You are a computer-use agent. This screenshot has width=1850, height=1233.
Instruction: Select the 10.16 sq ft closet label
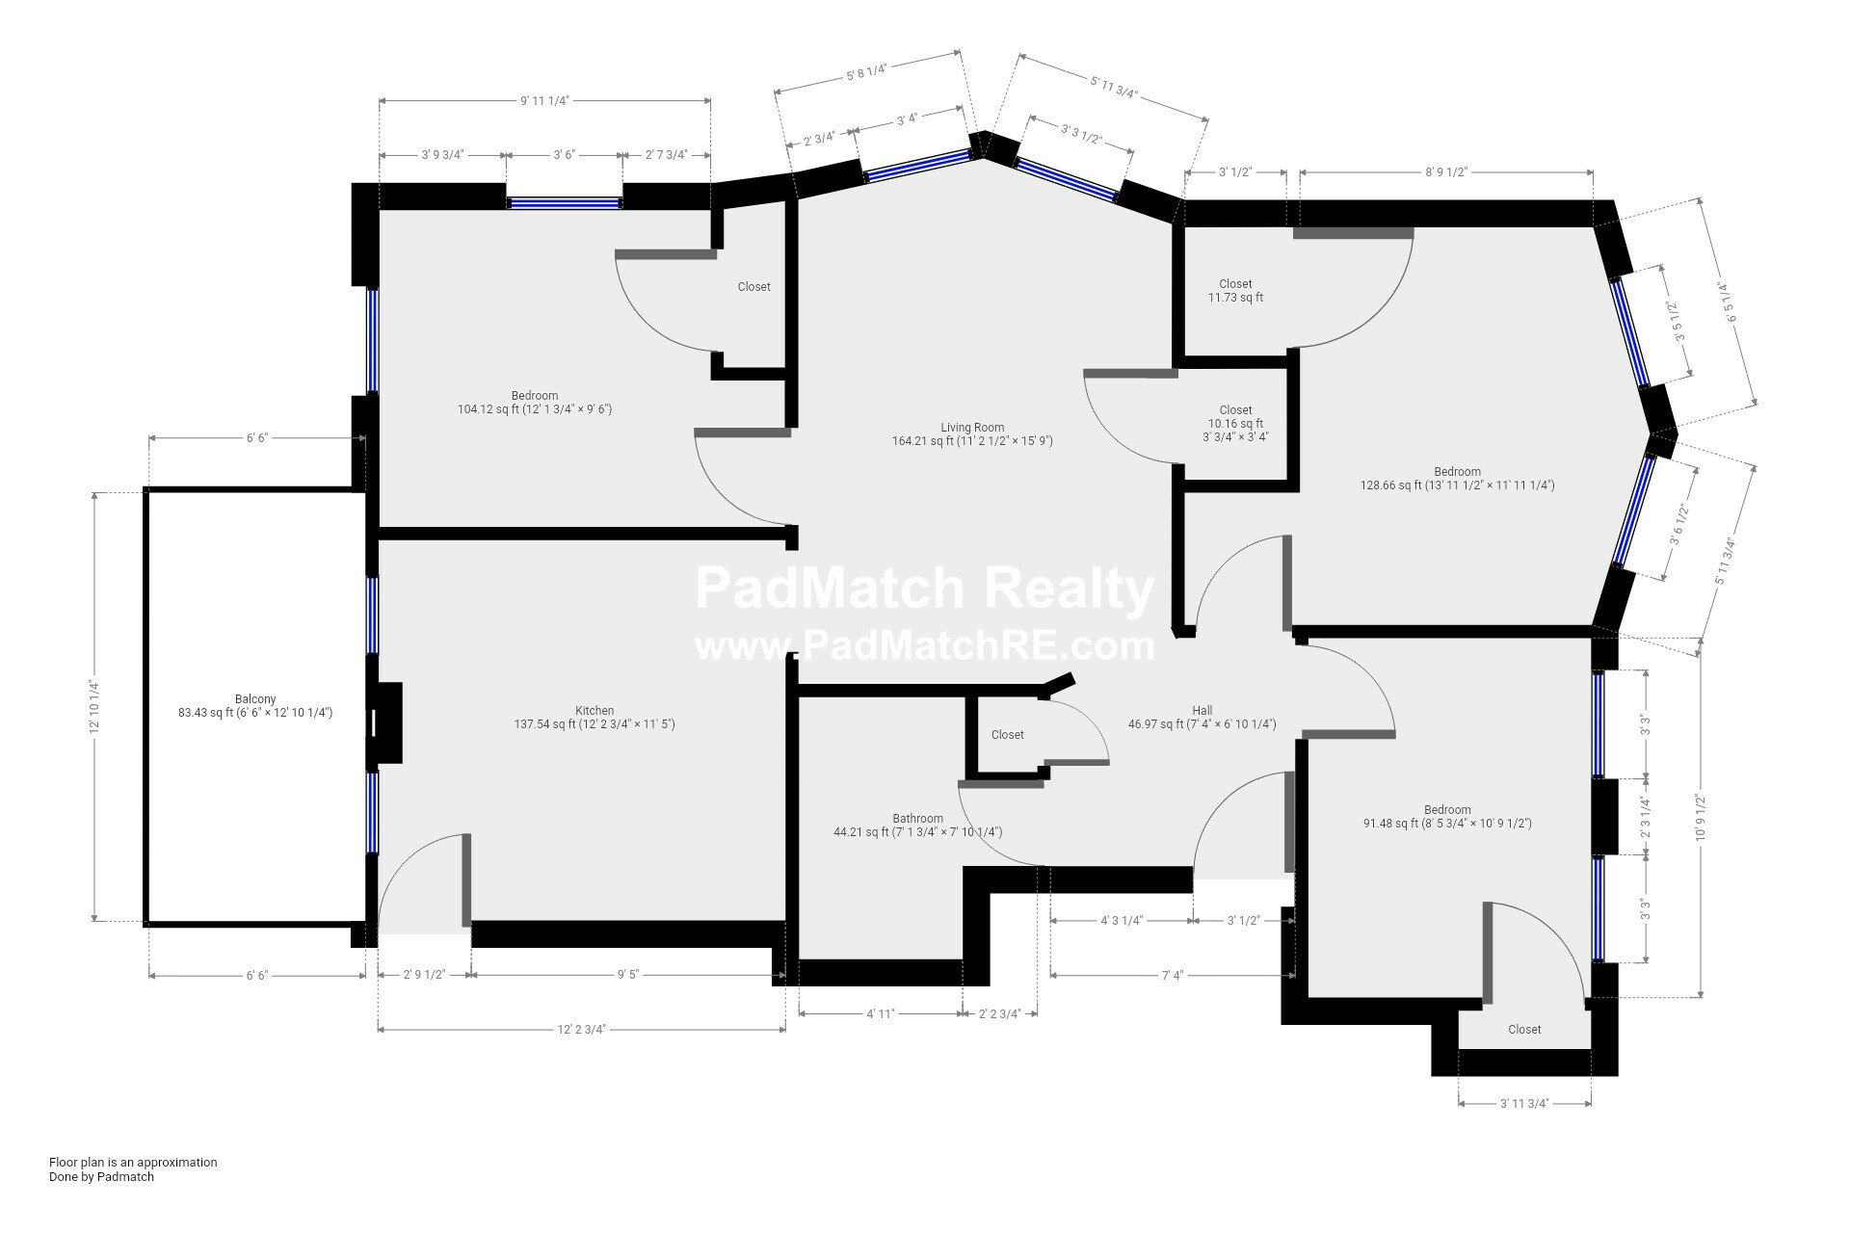(1235, 423)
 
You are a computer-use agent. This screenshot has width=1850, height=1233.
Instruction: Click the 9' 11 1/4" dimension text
(545, 100)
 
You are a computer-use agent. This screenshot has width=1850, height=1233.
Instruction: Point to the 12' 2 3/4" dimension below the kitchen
(581, 1030)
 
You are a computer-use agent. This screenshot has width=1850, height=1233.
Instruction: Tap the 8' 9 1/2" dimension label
(1445, 172)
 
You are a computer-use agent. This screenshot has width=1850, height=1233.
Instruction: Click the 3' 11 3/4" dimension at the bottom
(1524, 1104)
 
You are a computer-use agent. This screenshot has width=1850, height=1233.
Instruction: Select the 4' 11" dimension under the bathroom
(881, 1013)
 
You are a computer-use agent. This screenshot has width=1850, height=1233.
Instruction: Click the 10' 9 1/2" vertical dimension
(1701, 816)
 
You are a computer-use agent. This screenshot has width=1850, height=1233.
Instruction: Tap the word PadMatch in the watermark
(830, 590)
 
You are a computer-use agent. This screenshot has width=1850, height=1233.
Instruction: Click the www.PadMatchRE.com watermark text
(924, 645)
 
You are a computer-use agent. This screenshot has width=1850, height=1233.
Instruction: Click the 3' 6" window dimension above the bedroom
(564, 154)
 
